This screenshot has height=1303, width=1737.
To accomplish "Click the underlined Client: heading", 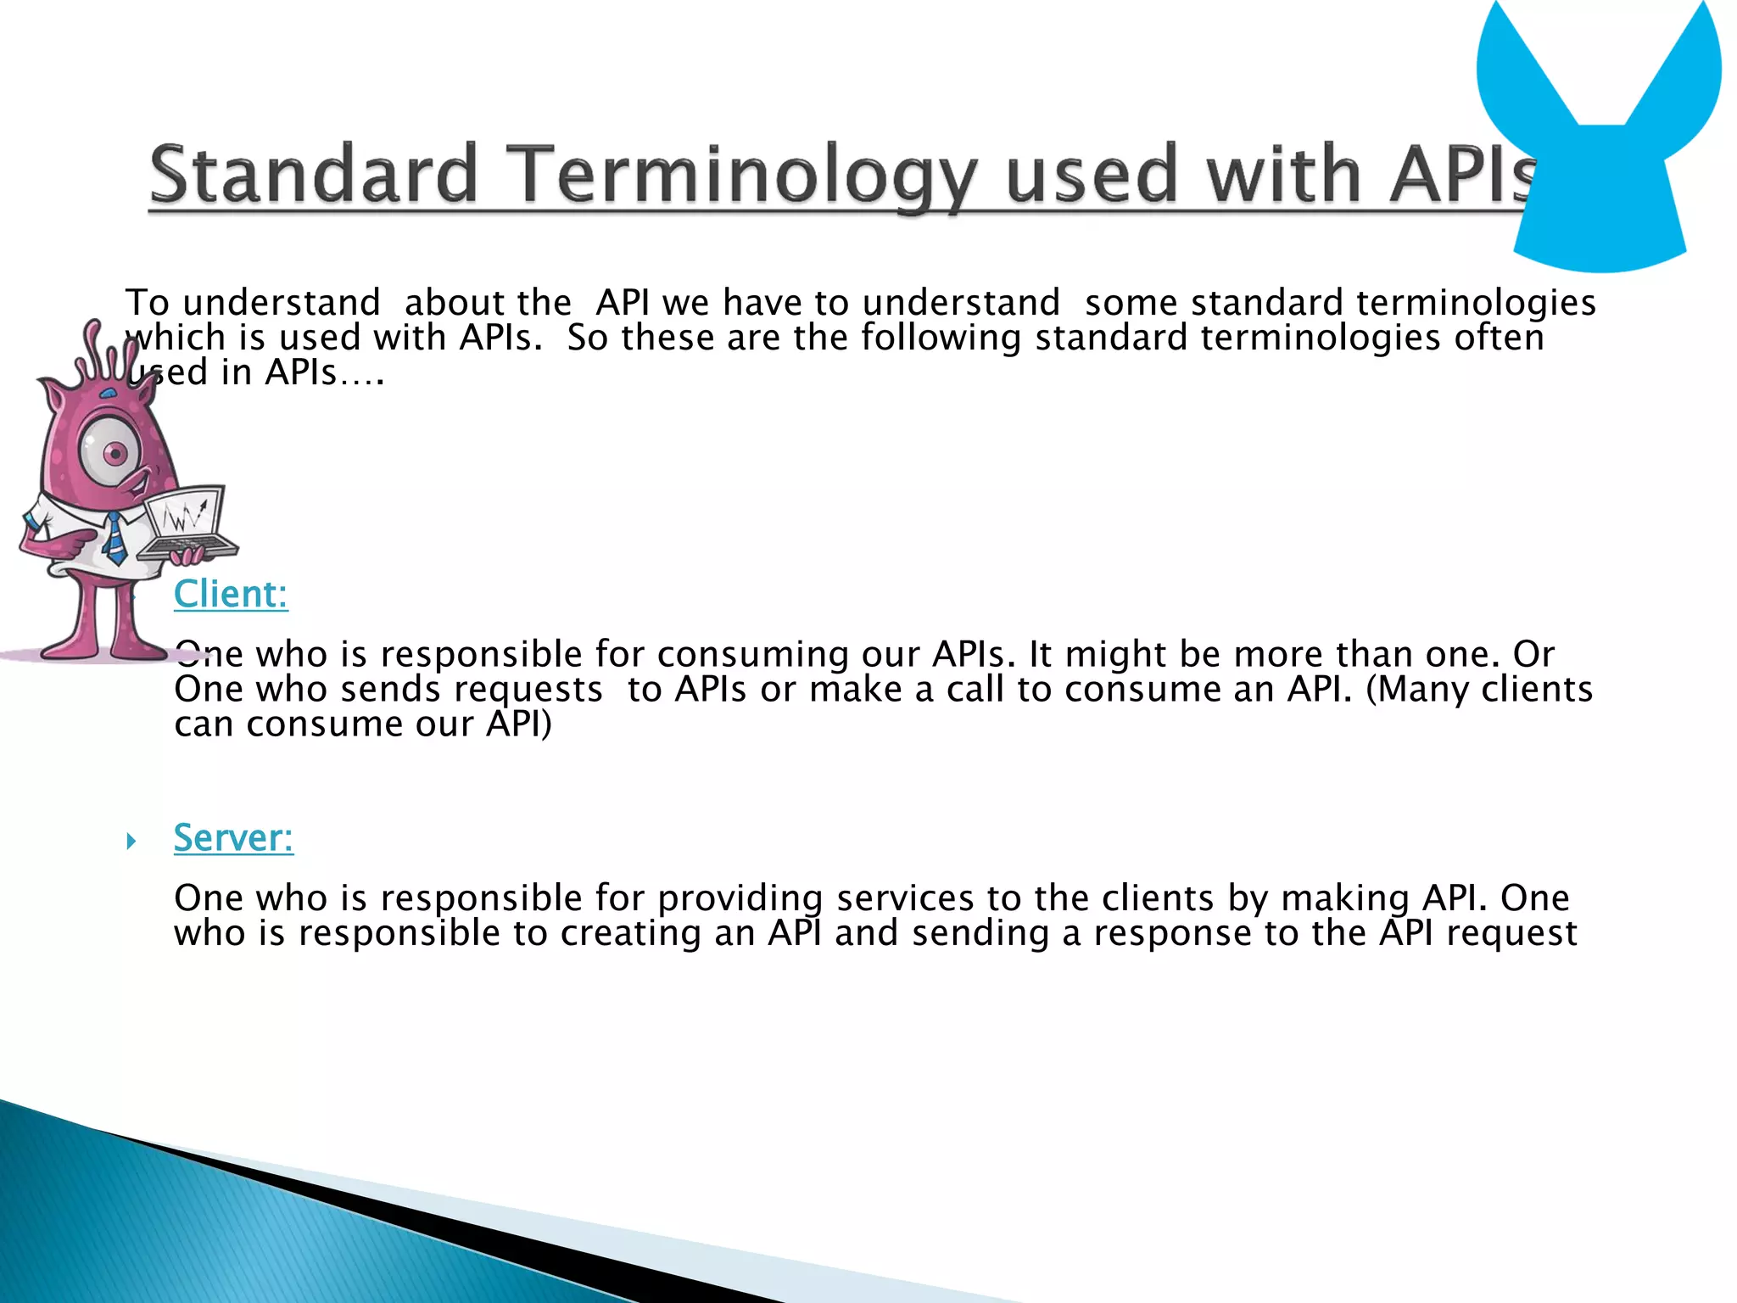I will pos(231,594).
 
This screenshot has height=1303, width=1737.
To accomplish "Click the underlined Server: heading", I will pos(233,837).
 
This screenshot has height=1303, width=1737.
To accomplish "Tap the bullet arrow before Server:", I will pos(131,841).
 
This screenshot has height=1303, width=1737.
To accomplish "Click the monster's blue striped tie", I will pos(114,538).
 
